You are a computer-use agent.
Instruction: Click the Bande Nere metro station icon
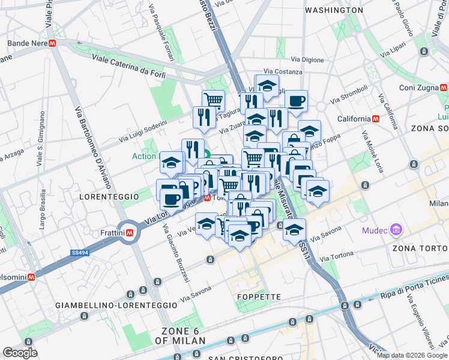tap(53, 44)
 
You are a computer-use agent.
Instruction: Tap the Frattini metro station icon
tap(129, 232)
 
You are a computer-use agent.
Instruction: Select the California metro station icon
tap(376, 118)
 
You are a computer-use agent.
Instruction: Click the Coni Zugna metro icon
tap(444, 87)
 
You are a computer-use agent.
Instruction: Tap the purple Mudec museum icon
tap(396, 230)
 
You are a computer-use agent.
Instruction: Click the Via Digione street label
tap(307, 59)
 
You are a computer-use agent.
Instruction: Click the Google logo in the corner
tap(20, 353)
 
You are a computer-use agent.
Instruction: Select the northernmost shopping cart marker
tap(213, 100)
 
